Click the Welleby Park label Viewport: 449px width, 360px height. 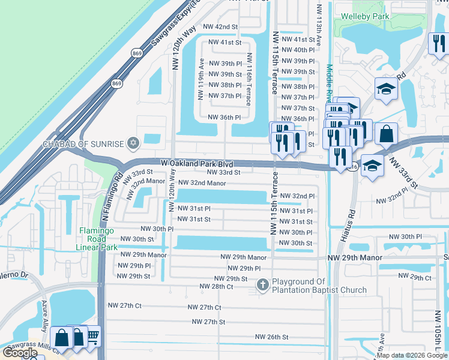(x=361, y=16)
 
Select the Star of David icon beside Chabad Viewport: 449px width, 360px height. (x=133, y=143)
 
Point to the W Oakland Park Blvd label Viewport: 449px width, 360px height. (x=196, y=163)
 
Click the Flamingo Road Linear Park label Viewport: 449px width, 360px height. (x=98, y=239)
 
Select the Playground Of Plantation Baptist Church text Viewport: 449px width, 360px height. (x=319, y=286)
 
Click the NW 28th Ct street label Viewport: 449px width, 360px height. (x=216, y=287)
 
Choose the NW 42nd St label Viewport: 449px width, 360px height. (x=220, y=27)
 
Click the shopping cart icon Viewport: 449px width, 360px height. (x=92, y=337)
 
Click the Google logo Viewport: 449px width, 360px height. (x=20, y=353)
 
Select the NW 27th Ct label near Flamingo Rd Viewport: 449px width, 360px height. (x=124, y=305)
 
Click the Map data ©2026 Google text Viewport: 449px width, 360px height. (x=412, y=355)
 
